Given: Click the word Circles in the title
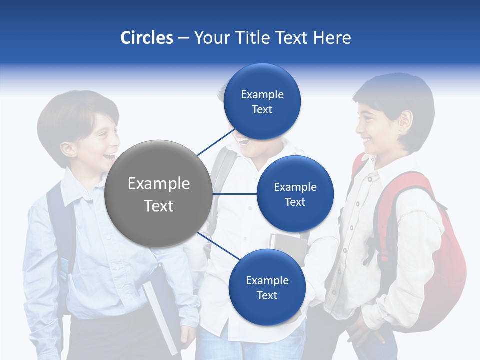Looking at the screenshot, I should [x=146, y=38].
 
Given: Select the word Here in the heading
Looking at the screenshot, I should [x=332, y=38].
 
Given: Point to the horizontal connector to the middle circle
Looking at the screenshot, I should [x=235, y=194].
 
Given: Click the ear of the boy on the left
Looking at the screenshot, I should [x=68, y=148].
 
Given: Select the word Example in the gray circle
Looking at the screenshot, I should [x=158, y=184].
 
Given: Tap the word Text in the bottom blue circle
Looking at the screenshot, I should [x=267, y=295].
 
